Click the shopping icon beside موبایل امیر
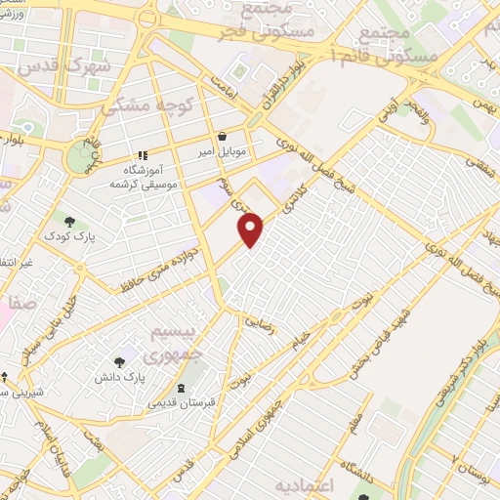pyautogui.click(x=224, y=137)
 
